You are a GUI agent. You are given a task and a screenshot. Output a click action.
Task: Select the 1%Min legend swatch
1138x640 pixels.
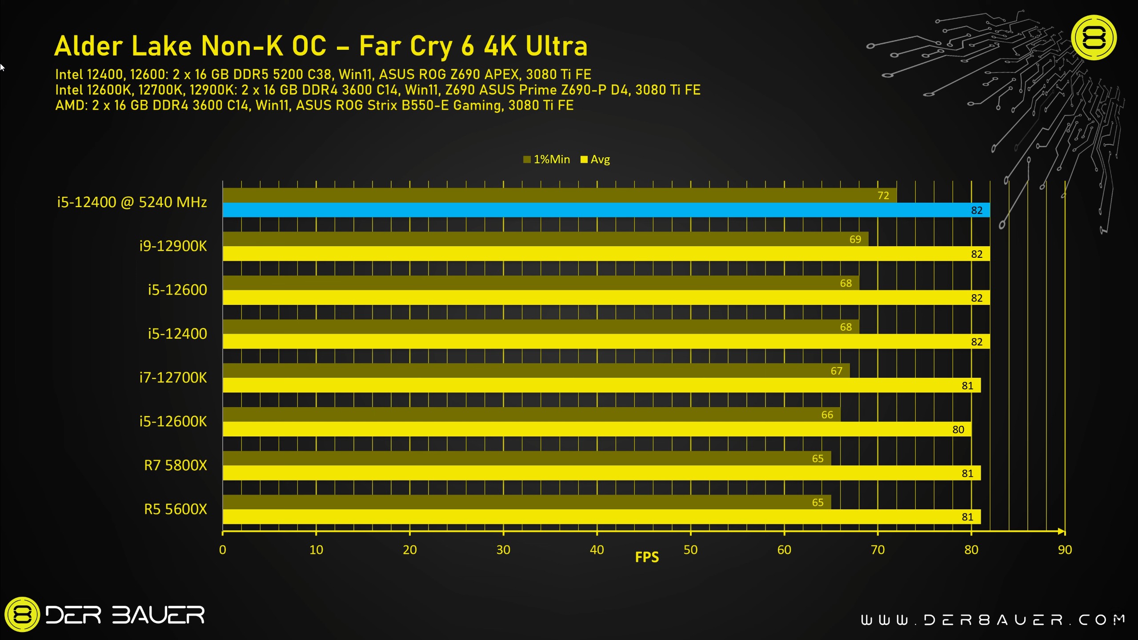pyautogui.click(x=527, y=160)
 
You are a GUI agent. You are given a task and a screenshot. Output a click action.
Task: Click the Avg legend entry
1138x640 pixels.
pyautogui.click(x=596, y=160)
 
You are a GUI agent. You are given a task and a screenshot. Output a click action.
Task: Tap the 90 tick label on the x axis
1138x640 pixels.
pyautogui.click(x=1065, y=550)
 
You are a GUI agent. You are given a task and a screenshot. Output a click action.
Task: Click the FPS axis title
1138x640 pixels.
pyautogui.click(x=647, y=557)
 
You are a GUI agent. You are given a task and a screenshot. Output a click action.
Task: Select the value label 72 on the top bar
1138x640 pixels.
pyautogui.click(x=883, y=196)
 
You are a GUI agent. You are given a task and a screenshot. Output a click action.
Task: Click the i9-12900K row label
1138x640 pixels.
pyautogui.click(x=173, y=246)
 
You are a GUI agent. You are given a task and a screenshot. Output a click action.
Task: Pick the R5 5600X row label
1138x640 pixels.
pyautogui.click(x=176, y=509)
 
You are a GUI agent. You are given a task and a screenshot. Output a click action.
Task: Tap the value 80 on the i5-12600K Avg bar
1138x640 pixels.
pyautogui.click(x=958, y=429)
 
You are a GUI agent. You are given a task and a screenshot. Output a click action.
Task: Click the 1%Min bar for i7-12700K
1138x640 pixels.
pyautogui.click(x=533, y=371)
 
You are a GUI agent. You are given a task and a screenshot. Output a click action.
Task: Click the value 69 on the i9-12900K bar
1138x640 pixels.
pyautogui.click(x=855, y=240)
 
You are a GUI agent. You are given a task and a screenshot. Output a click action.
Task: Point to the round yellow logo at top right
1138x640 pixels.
pyautogui.click(x=1094, y=38)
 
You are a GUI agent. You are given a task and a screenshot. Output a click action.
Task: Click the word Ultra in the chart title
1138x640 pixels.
pyautogui.click(x=557, y=46)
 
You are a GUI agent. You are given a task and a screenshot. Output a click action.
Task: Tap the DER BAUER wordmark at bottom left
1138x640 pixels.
pyautogui.click(x=124, y=615)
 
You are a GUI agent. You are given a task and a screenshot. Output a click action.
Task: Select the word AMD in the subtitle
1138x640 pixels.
pyautogui.click(x=71, y=105)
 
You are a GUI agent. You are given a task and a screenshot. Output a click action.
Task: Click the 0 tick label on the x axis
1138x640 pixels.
pyautogui.click(x=223, y=550)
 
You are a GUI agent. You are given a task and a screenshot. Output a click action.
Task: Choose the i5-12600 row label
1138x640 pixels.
pyautogui.click(x=177, y=290)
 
